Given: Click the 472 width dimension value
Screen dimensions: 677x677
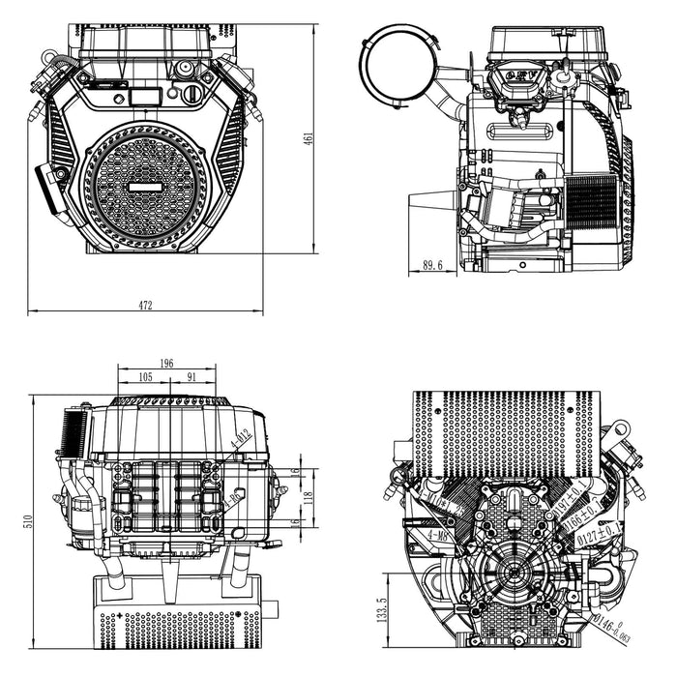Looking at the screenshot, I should click(x=145, y=306).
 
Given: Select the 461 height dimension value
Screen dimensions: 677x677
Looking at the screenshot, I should click(x=309, y=138).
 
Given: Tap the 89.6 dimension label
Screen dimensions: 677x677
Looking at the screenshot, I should click(x=432, y=265).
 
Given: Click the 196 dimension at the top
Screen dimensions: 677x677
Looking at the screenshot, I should click(x=166, y=363).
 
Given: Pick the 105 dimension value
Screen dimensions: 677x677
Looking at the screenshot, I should click(x=145, y=376).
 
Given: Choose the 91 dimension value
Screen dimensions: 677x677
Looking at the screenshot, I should click(x=192, y=376).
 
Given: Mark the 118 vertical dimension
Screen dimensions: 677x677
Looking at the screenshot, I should click(x=309, y=496).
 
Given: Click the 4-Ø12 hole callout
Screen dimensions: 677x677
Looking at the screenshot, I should click(x=240, y=440).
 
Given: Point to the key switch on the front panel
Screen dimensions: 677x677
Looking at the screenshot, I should click(x=191, y=94).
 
